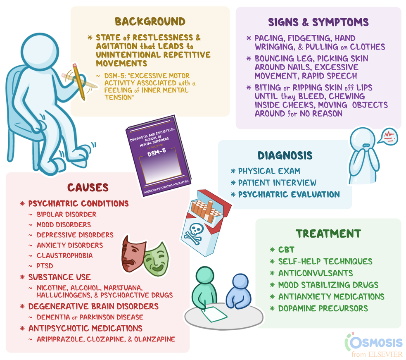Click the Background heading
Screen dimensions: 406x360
150,21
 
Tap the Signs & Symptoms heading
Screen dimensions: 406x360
318,22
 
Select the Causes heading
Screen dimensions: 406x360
88,187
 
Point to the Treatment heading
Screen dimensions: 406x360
328,234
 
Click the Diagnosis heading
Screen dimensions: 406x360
285,155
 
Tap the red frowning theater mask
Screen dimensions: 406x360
133,254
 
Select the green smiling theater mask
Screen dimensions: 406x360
156,259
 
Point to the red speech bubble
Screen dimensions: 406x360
388,136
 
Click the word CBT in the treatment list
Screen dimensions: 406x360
286,250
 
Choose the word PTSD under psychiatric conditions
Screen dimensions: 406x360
45,266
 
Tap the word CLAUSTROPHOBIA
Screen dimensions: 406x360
65,255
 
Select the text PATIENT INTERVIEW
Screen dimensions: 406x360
277,183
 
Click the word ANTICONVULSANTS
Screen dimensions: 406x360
316,273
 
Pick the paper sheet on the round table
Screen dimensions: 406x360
214,314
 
